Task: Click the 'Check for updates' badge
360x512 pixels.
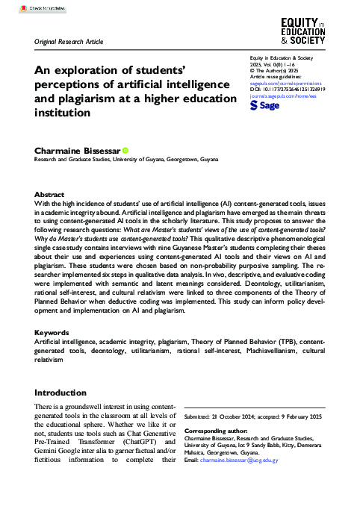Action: pyautogui.click(x=29, y=8)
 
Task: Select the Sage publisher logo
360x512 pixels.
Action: pyautogui.click(x=265, y=107)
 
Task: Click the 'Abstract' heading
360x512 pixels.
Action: pyautogui.click(x=50, y=193)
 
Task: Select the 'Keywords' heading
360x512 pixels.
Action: pyautogui.click(x=53, y=352)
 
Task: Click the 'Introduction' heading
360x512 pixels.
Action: pyautogui.click(x=61, y=393)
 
